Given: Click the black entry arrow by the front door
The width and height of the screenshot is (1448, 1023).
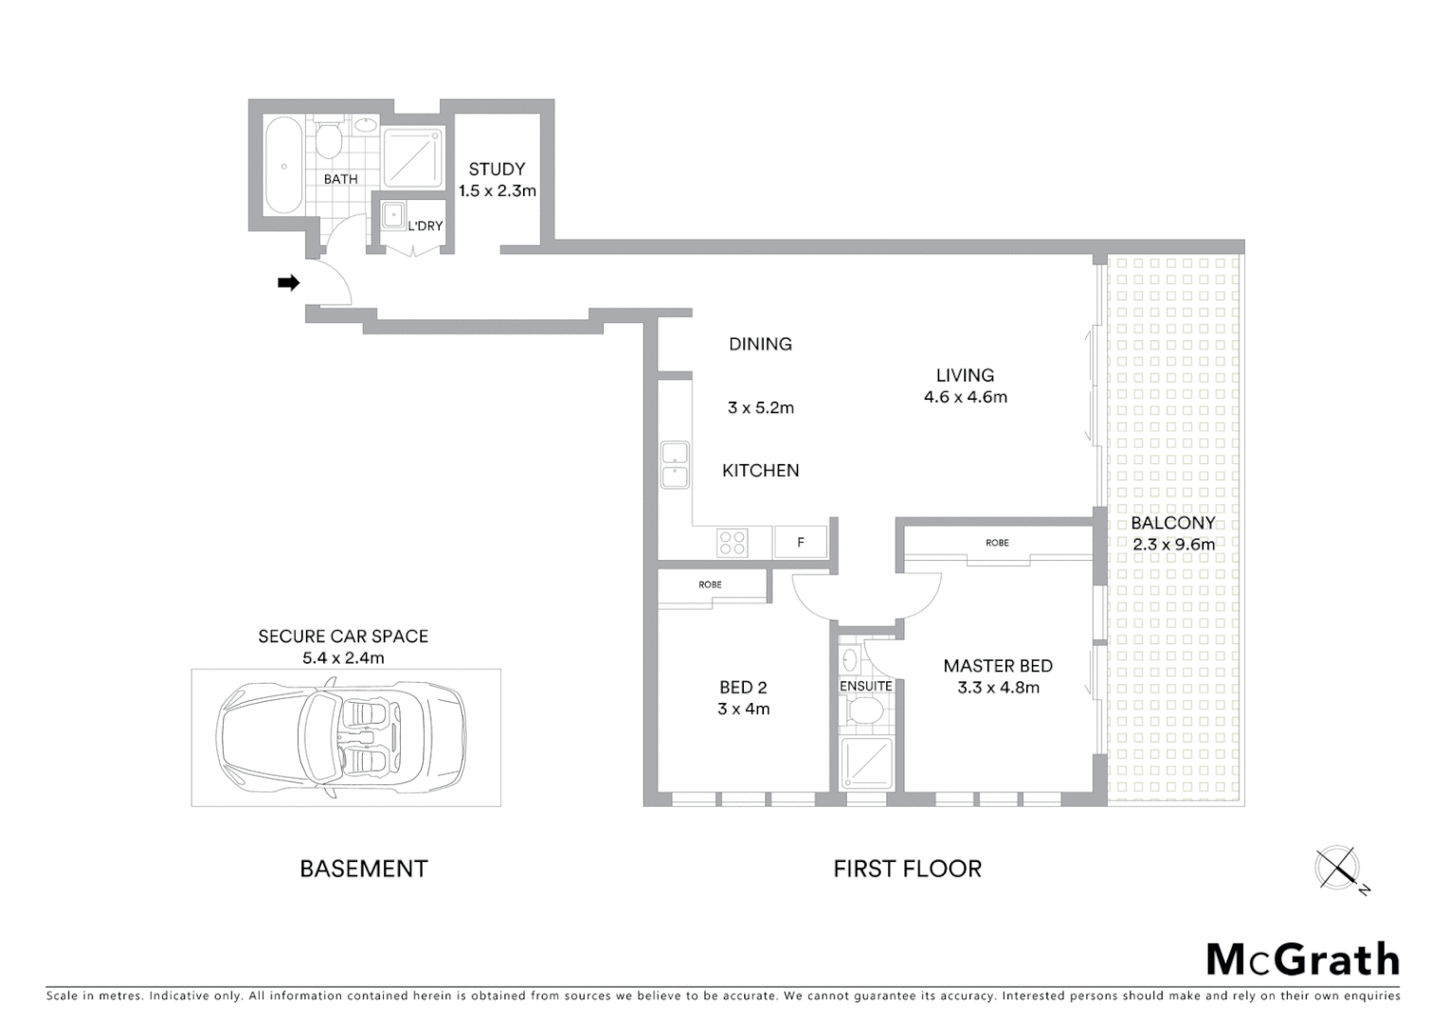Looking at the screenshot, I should (288, 282).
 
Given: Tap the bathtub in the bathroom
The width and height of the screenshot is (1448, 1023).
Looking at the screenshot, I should (283, 166).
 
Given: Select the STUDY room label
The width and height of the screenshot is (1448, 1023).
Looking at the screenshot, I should (497, 170).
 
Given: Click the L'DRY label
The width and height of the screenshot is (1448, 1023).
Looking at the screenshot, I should (425, 226).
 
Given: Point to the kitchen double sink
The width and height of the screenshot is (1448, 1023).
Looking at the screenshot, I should (675, 465).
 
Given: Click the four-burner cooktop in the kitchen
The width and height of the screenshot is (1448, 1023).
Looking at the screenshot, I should (733, 543).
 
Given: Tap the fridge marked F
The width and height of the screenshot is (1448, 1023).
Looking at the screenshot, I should (801, 543).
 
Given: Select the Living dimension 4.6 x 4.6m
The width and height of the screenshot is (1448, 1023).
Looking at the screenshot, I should (965, 398).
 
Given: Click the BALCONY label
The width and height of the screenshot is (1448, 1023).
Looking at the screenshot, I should (1172, 523).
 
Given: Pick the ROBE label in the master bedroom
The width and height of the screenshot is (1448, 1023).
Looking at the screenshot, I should (997, 543).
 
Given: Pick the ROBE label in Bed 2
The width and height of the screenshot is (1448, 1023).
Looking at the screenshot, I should (710, 584).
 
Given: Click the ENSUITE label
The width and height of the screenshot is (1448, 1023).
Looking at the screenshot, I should (865, 686).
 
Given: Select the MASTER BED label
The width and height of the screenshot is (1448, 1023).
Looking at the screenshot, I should (998, 666).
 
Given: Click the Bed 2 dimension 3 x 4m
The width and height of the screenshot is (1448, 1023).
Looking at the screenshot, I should (743, 709).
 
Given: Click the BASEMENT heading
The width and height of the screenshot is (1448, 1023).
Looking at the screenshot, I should (364, 869).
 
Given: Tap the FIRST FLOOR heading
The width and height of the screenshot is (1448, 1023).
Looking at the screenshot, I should (907, 869).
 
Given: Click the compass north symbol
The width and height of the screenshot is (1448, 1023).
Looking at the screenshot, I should (1339, 869).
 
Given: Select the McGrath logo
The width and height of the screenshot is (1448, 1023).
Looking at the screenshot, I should (1302, 960).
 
